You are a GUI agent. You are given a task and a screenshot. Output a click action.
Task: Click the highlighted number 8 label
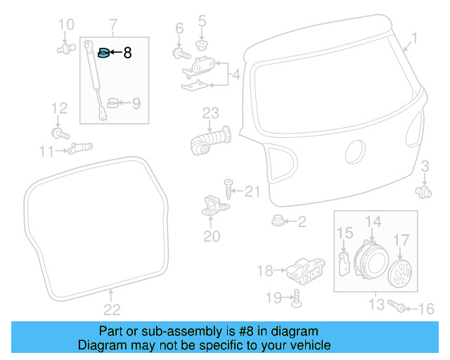point(127,52)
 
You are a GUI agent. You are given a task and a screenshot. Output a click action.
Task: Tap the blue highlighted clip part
point(104,52)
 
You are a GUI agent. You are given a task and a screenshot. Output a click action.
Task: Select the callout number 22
point(112,309)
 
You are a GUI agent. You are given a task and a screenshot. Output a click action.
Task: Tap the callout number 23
point(211,112)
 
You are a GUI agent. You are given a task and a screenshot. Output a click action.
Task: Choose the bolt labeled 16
point(396,306)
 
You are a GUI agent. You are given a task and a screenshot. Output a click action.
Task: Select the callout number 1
point(414,38)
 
